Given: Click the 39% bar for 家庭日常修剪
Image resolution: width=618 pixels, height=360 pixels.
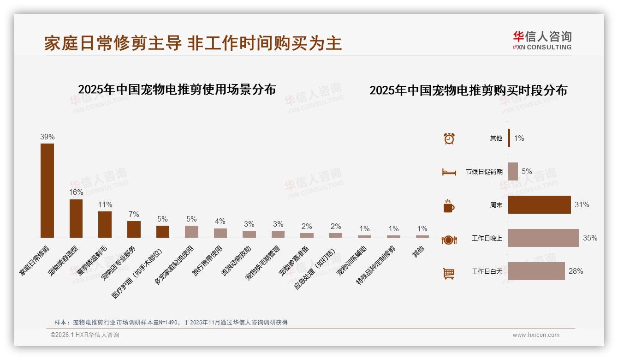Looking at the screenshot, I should coord(47,190).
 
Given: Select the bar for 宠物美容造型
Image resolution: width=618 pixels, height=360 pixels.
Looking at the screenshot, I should coord(76,218).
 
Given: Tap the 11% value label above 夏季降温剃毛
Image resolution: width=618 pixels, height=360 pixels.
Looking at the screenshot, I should coord(105,204).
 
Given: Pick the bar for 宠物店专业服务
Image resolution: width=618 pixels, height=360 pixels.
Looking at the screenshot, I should coord(134,229).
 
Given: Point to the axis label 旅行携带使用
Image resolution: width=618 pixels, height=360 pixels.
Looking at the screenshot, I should coord(208,260).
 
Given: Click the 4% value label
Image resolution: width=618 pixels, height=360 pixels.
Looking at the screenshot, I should coord(220,222).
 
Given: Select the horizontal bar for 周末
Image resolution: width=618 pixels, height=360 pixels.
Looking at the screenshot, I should coord(539,204).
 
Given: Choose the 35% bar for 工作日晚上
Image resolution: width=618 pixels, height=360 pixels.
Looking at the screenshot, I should coord(543,238).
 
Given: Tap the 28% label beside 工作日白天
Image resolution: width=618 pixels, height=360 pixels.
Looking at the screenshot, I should coord(576,271).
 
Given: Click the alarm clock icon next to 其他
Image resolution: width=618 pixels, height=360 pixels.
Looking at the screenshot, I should coord(449,138).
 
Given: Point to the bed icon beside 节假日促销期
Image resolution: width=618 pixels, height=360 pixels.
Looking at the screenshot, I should coord(449,172).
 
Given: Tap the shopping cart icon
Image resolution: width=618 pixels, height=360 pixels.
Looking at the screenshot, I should coord(449,273).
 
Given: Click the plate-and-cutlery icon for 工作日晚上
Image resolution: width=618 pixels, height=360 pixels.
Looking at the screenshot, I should coord(449,240).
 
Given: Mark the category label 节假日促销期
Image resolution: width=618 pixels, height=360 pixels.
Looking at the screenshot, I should coord(484,172).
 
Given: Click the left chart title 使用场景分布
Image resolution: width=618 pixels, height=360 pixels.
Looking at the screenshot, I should coord(177,89).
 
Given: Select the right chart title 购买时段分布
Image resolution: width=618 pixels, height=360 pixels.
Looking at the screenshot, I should coord(468,90).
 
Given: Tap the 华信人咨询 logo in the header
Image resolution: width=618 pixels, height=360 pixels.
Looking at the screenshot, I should coord(542,40).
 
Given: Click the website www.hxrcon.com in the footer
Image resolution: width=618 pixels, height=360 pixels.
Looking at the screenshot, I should coord(535,335).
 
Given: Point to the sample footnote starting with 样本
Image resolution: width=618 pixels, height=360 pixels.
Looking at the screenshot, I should coord(171,322).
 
